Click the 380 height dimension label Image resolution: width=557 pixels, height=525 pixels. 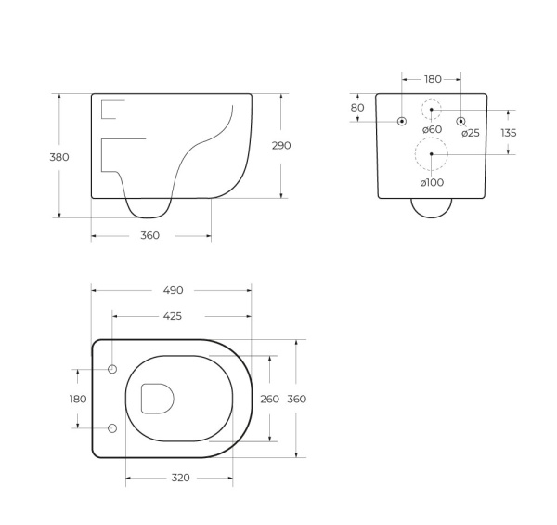coord(59,157)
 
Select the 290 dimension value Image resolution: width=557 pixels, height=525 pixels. coord(281,145)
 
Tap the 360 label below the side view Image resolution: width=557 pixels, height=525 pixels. coord(149,235)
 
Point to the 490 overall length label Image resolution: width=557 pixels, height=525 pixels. coord(173,291)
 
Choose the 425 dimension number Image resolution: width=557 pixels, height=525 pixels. coord(173,316)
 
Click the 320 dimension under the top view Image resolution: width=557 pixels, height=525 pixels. coord(180,478)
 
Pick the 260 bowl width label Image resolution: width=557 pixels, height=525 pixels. coord(269,400)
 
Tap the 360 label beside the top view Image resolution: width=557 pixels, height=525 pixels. coord(297,400)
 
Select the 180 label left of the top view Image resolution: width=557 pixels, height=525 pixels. coord(78,400)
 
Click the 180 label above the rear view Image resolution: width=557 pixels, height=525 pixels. coord(433,79)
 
